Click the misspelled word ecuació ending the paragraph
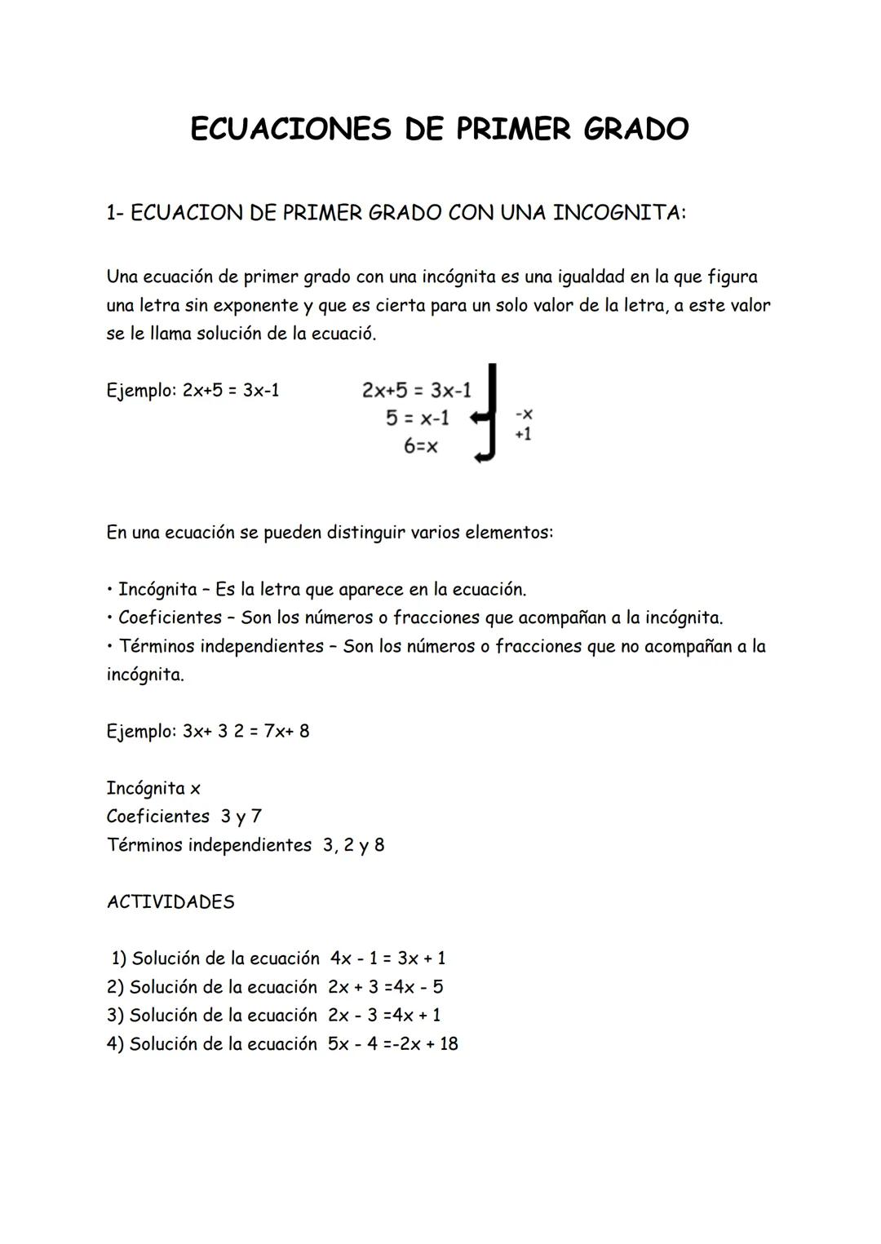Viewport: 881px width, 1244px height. (x=343, y=334)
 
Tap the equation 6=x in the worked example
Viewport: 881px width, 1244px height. (x=420, y=446)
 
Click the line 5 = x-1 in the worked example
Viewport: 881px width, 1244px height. (x=417, y=418)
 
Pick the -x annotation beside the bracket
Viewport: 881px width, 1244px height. (x=524, y=415)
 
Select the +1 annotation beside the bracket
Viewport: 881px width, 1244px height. (x=523, y=434)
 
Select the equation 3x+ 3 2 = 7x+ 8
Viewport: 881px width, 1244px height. (x=246, y=731)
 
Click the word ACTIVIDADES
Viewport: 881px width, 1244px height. (x=170, y=902)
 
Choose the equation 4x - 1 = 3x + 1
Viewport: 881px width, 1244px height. (x=387, y=958)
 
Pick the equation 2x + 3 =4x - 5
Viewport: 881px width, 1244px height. (x=386, y=987)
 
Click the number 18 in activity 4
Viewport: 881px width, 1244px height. (x=449, y=1044)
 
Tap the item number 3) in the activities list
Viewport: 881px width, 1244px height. (x=115, y=1016)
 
